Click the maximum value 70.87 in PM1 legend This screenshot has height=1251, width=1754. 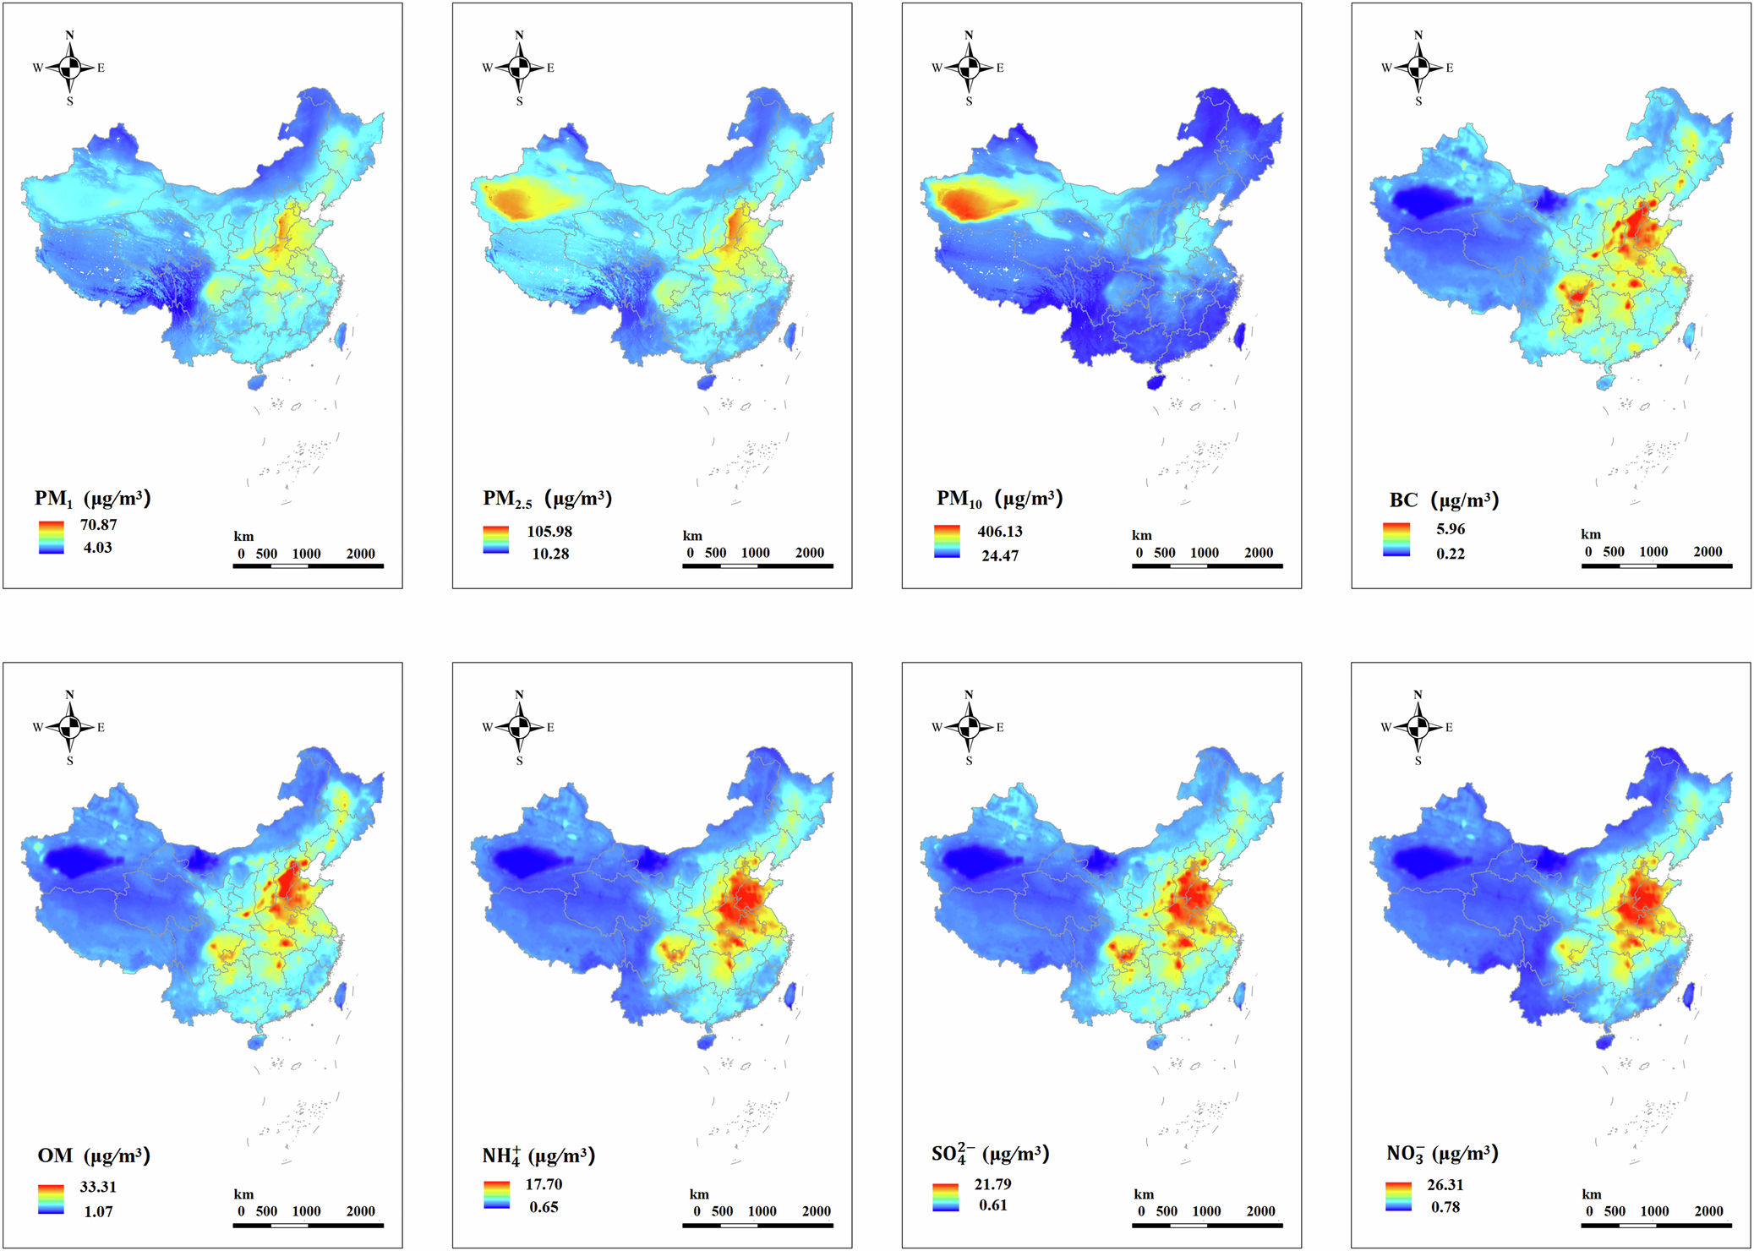pos(98,525)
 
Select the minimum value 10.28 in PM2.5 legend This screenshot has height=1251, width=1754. pos(550,554)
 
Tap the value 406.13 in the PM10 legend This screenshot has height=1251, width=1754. pos(1000,532)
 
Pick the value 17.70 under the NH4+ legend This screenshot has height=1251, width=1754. pos(544,1184)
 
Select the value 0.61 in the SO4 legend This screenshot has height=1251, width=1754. pos(993,1205)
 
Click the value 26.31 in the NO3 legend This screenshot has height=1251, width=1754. pos(1445,1185)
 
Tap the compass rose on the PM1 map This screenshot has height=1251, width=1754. pos(70,68)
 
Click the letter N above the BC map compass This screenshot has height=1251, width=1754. pos(1418,36)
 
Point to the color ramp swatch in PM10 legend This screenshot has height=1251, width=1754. pos(947,541)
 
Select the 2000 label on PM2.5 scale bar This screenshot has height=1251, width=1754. pos(809,553)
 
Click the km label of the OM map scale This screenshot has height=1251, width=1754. pos(243,1194)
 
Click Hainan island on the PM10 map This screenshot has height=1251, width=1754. pos(1156,382)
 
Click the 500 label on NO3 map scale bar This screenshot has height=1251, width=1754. pos(1615,1211)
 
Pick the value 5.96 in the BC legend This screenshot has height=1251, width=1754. pos(1451,529)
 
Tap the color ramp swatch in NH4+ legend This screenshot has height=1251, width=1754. pos(496,1194)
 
